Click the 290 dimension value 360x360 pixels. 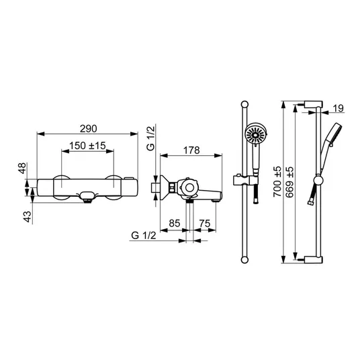(89, 129)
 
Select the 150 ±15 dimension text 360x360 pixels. (87, 146)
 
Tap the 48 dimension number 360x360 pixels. (22, 169)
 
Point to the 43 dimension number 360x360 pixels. (28, 216)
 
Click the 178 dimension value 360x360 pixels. (191, 150)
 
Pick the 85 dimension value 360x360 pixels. (175, 223)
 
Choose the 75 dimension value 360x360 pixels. (205, 223)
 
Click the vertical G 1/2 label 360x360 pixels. (151, 138)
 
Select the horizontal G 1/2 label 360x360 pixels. (144, 236)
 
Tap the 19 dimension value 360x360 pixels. (339, 108)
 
